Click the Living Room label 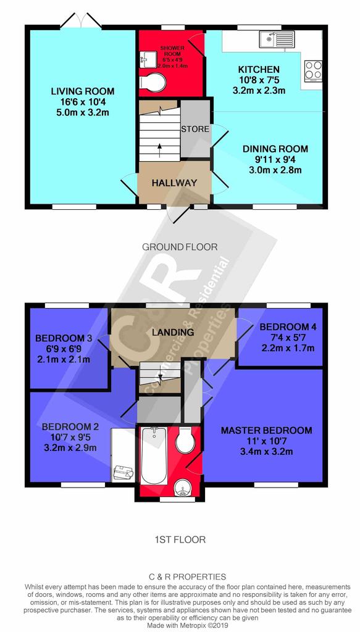[82, 91]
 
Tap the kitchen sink [277, 39]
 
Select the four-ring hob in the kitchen [313, 70]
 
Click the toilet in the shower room [153, 82]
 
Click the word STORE [195, 130]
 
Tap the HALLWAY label [174, 183]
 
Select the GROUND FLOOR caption [180, 247]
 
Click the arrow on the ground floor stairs [160, 149]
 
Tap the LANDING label [173, 333]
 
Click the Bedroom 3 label [63, 338]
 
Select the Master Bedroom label [266, 430]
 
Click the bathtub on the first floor [154, 455]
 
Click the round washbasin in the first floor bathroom [182, 488]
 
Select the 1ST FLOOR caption [180, 539]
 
